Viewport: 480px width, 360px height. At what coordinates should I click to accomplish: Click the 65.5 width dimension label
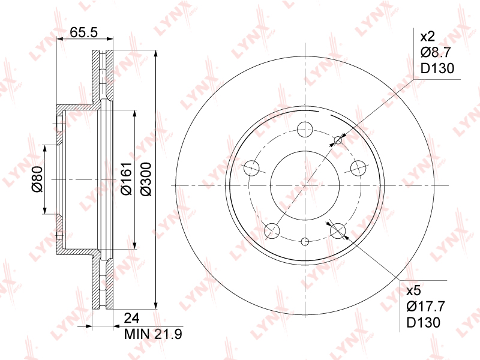[x=83, y=32]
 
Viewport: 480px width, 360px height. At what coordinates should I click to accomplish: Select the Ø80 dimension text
[x=37, y=179]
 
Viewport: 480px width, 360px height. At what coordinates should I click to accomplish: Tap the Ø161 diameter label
[x=126, y=178]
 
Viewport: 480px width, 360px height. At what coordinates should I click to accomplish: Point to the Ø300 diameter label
[x=146, y=179]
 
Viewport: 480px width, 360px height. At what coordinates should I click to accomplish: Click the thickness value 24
[x=131, y=319]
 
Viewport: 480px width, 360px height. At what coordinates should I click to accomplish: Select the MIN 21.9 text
[x=153, y=334]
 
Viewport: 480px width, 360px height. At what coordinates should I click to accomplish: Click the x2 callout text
[x=428, y=37]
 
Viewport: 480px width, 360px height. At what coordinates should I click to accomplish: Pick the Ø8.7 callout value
[x=436, y=52]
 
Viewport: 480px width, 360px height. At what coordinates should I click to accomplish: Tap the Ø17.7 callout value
[x=425, y=306]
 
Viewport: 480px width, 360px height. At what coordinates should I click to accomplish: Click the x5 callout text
[x=413, y=291]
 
